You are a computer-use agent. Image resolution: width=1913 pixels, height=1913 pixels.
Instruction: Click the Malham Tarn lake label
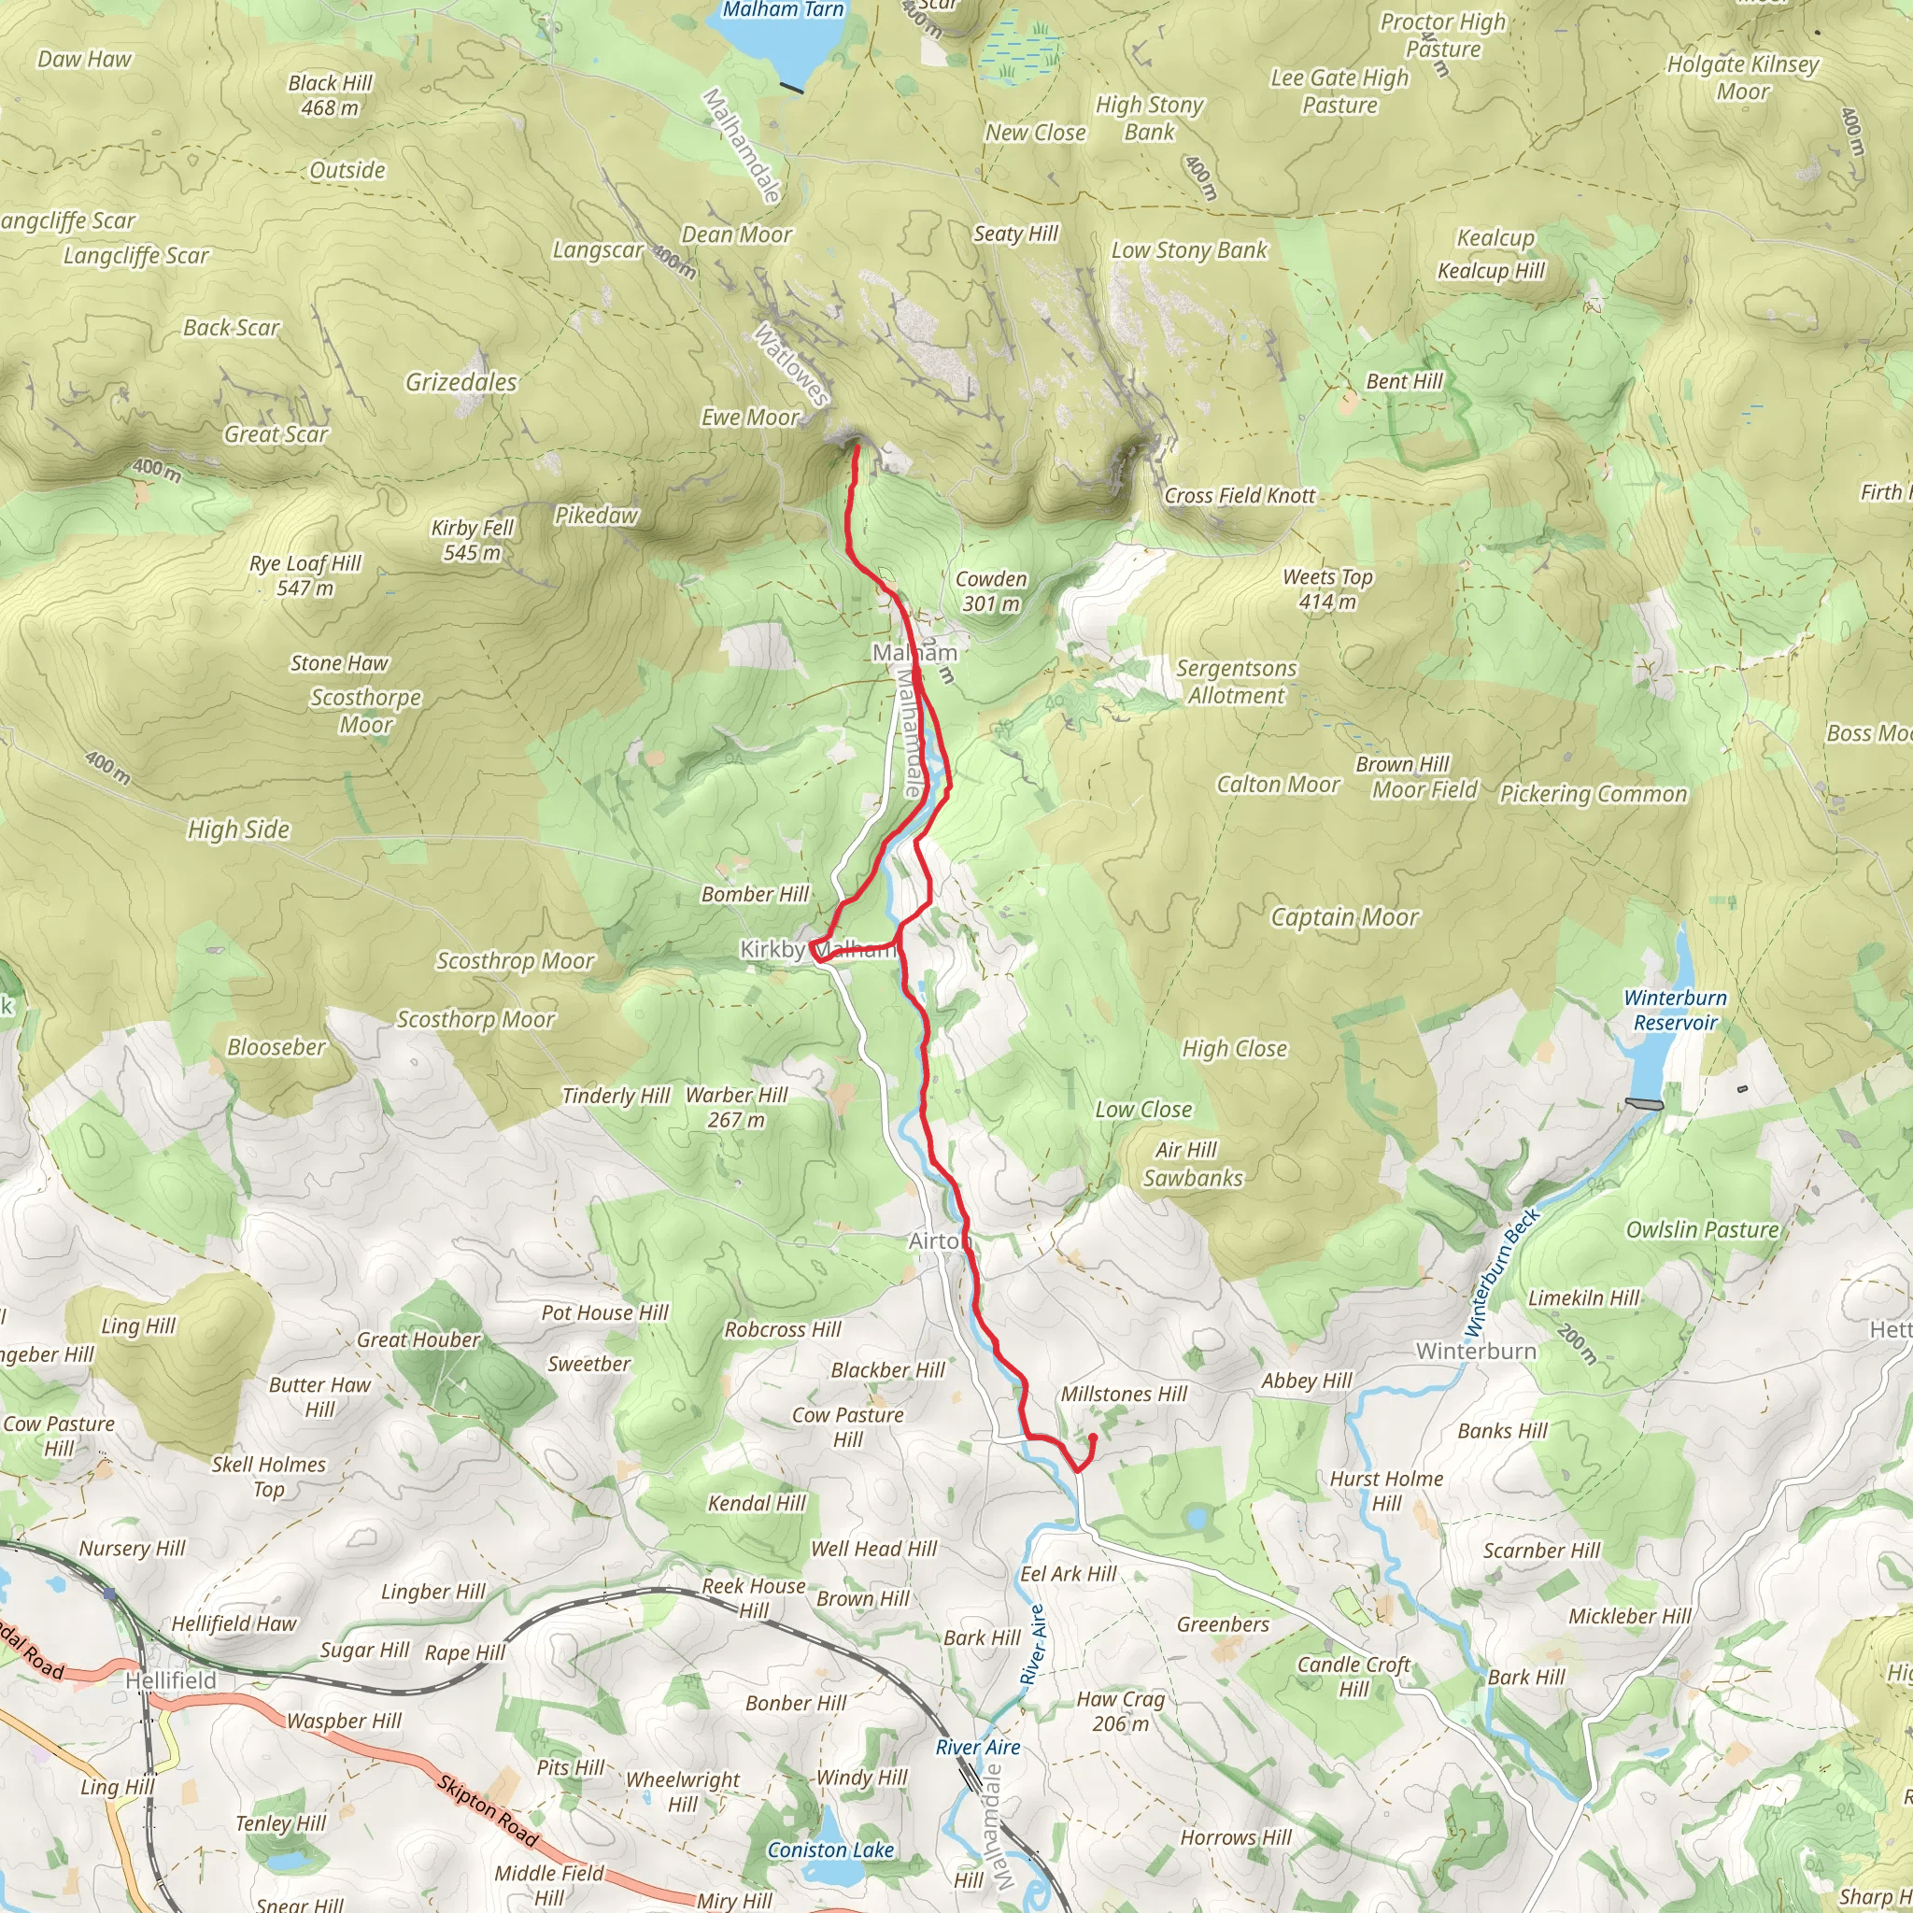[x=782, y=11]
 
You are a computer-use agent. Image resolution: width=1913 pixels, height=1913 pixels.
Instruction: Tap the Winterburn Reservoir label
[x=1675, y=1010]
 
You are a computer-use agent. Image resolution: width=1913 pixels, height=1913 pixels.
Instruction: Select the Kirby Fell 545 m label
[x=473, y=541]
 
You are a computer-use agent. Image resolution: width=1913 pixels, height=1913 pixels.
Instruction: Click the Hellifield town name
[x=170, y=1681]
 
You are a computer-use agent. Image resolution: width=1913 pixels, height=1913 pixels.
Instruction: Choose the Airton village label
[x=939, y=1241]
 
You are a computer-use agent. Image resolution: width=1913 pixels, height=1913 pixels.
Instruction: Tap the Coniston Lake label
[x=830, y=1849]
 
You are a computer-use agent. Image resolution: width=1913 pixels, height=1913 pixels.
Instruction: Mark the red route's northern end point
[x=857, y=448]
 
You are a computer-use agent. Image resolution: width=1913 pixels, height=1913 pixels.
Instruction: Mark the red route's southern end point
[x=1092, y=1437]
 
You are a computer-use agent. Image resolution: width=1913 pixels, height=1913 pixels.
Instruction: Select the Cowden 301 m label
[x=990, y=591]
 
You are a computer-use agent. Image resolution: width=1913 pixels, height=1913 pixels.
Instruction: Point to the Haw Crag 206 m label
[x=1120, y=1711]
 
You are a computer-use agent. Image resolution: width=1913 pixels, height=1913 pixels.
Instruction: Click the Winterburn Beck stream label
[x=1501, y=1272]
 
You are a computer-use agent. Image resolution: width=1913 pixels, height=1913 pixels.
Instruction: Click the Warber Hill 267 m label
[x=736, y=1107]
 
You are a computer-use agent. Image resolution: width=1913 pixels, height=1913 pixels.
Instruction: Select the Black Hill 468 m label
[x=330, y=95]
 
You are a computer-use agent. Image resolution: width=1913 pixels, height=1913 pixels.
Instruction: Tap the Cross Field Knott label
[x=1240, y=496]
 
